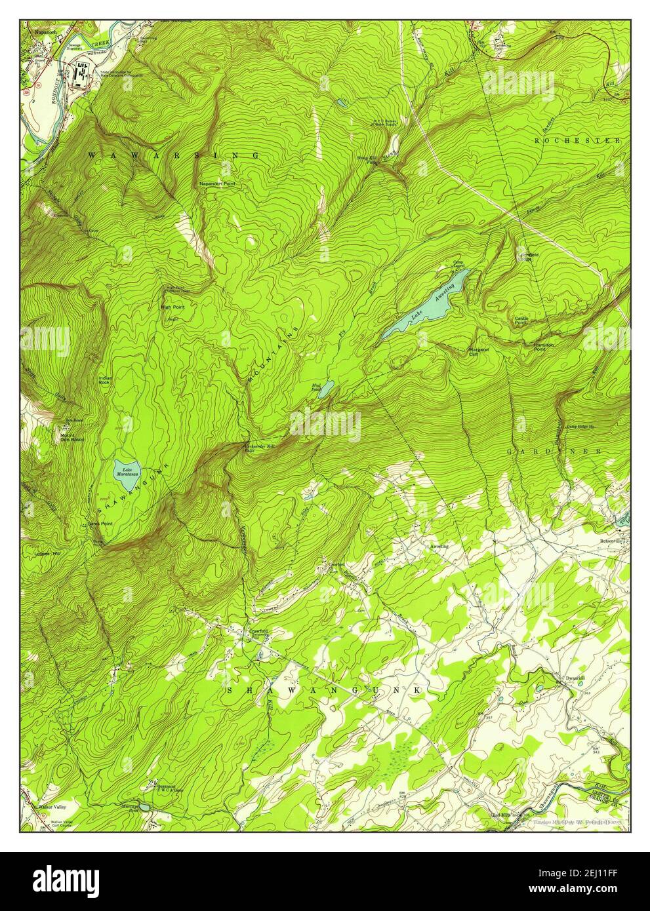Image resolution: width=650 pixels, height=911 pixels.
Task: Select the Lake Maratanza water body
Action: click(127, 476)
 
